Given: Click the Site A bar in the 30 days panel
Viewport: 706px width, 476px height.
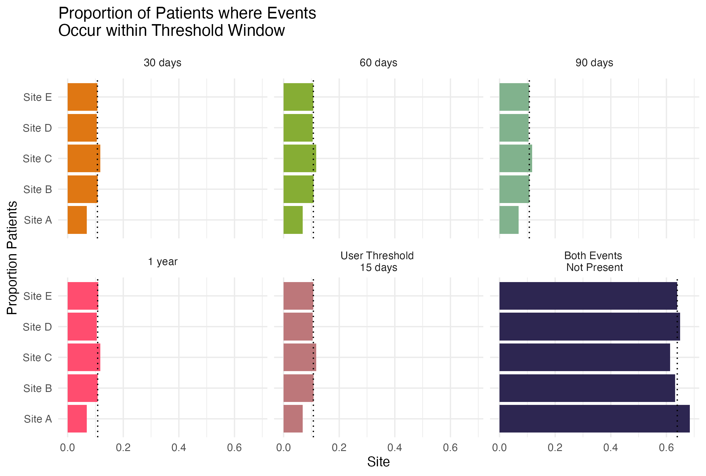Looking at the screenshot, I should click(x=77, y=220).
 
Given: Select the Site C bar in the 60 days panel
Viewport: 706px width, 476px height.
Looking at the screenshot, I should click(x=299, y=158).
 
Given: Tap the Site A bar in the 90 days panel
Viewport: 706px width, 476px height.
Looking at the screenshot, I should click(x=509, y=220).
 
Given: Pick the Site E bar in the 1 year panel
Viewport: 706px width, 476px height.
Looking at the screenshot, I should click(x=83, y=296).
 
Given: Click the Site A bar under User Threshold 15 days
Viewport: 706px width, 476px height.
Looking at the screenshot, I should click(x=293, y=419).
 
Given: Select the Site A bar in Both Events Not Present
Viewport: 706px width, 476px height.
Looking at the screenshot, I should click(x=594, y=419).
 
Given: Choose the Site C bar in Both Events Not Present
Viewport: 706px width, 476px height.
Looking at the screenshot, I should click(x=585, y=357).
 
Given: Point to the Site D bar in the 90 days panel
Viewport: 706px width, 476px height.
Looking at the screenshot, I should click(x=514, y=128).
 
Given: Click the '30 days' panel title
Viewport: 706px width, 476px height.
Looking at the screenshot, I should click(x=162, y=63).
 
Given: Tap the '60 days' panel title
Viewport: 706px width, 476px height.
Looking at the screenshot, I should click(x=378, y=63).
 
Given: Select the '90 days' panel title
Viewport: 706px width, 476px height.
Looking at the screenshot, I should click(x=594, y=63).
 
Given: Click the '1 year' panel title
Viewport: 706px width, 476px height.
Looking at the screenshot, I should click(x=162, y=262).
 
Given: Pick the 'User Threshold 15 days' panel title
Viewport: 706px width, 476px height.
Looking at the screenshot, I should click(x=377, y=262).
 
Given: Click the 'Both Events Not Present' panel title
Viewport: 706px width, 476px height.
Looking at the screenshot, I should click(x=593, y=262).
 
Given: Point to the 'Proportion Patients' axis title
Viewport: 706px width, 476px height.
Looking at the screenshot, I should click(x=12, y=258).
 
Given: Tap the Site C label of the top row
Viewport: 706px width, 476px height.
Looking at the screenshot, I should click(x=37, y=159).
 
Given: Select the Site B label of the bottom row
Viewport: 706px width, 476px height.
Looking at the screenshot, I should click(x=37, y=388).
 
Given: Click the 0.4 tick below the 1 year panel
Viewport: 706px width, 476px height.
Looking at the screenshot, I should click(x=179, y=448).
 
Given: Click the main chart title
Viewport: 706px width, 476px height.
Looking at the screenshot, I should click(x=187, y=22).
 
